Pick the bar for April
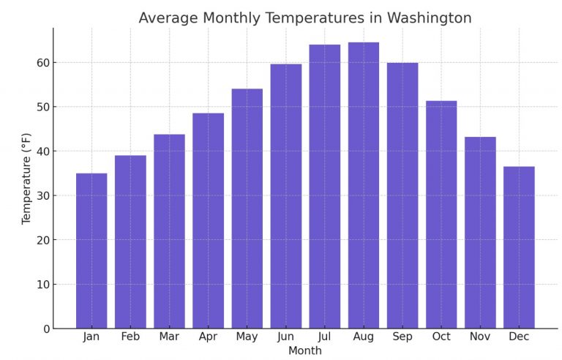click(x=208, y=220)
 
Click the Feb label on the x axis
click(x=130, y=337)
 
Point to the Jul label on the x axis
click(x=324, y=337)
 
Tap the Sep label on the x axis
click(x=402, y=337)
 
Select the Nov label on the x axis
click(x=480, y=337)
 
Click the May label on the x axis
click(x=247, y=337)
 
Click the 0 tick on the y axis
click(x=46, y=329)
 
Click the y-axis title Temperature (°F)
click(x=26, y=179)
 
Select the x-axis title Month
click(x=304, y=351)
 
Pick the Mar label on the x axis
click(x=169, y=337)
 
